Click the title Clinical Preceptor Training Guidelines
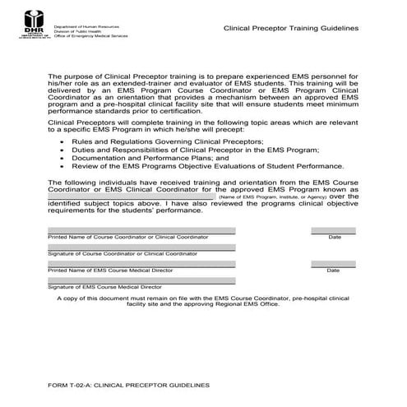pos(291,27)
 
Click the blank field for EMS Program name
pos(132,197)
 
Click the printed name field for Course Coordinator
pos(141,230)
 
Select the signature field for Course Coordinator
pos(141,247)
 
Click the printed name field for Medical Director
pos(141,263)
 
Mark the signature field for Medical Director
pos(141,280)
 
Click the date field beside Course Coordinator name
pos(334,230)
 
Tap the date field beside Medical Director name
pos(334,263)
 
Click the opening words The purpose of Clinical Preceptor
pos(107,76)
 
